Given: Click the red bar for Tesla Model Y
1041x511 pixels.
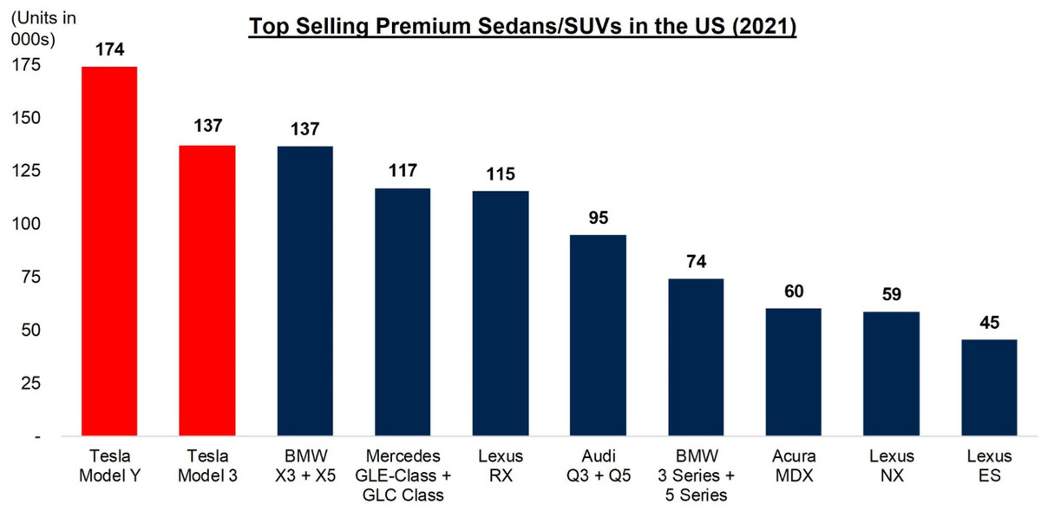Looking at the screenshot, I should [109, 252].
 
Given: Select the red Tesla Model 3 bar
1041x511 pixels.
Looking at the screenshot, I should [206, 291].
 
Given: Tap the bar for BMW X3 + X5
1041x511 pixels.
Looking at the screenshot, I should [304, 291].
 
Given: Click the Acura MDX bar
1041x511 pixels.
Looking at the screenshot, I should [793, 372].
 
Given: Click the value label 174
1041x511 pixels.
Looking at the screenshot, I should [109, 50].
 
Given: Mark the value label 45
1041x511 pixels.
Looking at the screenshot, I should [988, 324].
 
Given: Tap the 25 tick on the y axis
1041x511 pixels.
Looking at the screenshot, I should [29, 383].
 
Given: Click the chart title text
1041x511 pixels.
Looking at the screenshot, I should [522, 27].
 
